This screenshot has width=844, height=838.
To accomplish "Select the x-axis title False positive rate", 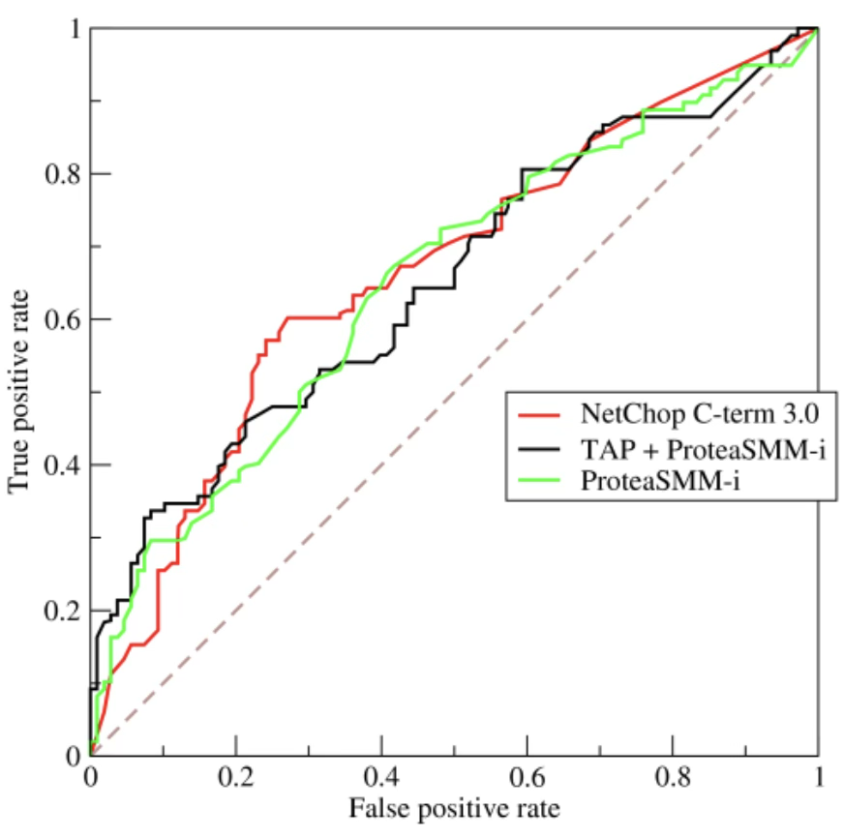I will pos(454,805).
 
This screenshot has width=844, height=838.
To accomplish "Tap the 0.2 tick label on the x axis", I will pos(235,777).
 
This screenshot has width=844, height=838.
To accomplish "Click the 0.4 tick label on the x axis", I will pos(381,777).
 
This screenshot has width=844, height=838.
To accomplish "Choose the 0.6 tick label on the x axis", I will pos(527,777).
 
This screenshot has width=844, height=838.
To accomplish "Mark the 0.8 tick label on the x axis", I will pos(673,777).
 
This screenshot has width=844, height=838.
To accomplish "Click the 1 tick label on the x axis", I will pos(819,777).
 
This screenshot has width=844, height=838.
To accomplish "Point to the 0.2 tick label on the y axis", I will pos(60,610).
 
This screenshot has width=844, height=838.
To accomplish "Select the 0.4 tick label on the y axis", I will pos(60,464).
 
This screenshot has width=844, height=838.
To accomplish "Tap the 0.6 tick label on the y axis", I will pos(60,319).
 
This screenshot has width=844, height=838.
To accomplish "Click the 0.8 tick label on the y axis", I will pos(60,174).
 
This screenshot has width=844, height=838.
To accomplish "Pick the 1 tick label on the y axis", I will pos(72,29).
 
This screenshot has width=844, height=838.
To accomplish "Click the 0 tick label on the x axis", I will pos(90,777).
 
